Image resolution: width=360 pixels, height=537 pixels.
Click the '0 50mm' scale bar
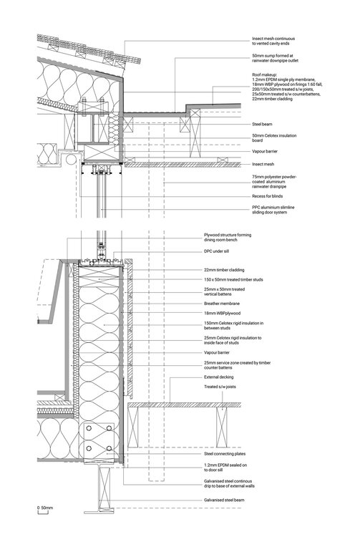pyautogui.click(x=44, y=507)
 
